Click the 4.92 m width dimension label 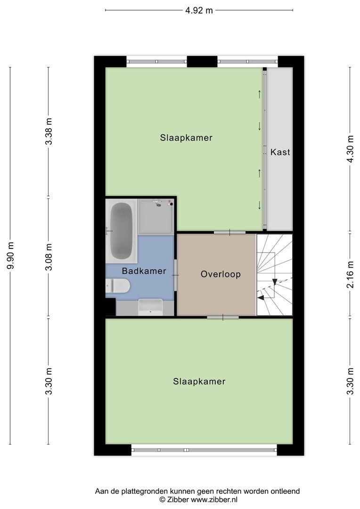pyautogui.click(x=199, y=10)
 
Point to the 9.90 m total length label pyautogui.click(x=10, y=255)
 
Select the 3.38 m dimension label pyautogui.click(x=49, y=131)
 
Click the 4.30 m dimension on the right pyautogui.click(x=350, y=149)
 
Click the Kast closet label pyautogui.click(x=280, y=152)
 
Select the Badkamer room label pyautogui.click(x=144, y=271)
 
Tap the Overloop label pyautogui.click(x=221, y=274)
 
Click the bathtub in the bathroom pyautogui.click(x=122, y=230)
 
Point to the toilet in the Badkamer pyautogui.click(x=118, y=286)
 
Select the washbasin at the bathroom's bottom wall pyautogui.click(x=150, y=307)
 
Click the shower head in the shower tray pyautogui.click(x=158, y=204)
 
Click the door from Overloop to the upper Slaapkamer pyautogui.click(x=229, y=232)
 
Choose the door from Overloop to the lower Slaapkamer pyautogui.click(x=222, y=317)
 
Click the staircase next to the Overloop pyautogui.click(x=274, y=274)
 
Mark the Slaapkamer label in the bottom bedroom pyautogui.click(x=199, y=381)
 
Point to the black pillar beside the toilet pyautogui.click(x=110, y=307)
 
